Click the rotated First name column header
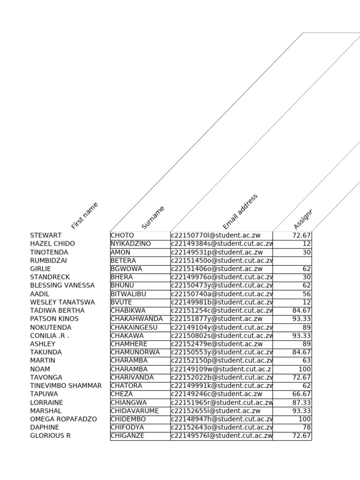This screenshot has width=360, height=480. (x=85, y=216)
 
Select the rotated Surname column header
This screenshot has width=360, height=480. (x=153, y=217)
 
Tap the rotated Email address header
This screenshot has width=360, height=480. (x=240, y=211)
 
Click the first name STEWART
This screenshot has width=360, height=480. (x=46, y=235)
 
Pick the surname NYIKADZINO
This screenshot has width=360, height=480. (x=131, y=244)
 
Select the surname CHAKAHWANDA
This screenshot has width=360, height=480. (x=137, y=319)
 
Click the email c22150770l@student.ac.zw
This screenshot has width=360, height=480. (x=216, y=235)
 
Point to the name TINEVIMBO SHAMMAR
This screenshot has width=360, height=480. (x=66, y=386)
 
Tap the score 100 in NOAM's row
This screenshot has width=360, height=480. (x=304, y=369)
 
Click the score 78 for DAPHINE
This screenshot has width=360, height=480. (x=307, y=427)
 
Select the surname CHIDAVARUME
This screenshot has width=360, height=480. (x=135, y=411)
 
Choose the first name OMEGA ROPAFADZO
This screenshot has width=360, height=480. (x=64, y=419)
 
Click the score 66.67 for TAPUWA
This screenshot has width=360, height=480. (x=301, y=394)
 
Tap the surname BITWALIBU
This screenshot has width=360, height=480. (x=128, y=294)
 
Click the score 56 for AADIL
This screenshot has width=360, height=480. (x=307, y=294)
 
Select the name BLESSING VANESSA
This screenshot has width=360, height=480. (x=62, y=285)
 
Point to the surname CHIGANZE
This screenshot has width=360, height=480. (x=127, y=436)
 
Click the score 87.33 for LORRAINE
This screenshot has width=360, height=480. (x=301, y=403)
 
